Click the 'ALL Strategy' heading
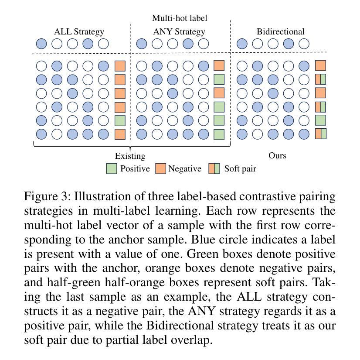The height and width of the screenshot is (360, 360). point(79,31)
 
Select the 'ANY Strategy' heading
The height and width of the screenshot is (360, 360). point(179,31)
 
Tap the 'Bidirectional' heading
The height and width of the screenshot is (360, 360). point(280,31)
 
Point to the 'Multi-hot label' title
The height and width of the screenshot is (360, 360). point(179,18)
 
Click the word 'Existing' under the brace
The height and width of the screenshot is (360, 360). point(130,156)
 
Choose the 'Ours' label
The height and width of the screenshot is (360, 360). point(277,155)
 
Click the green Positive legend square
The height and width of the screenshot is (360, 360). point(112,169)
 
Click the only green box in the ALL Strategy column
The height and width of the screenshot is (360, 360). point(120,120)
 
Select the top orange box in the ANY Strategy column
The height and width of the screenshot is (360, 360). point(219,66)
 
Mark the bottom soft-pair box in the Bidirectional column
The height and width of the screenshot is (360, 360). point(320,134)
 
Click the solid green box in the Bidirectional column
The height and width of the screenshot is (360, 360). point(320,120)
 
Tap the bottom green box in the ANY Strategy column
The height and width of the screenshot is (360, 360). point(219,134)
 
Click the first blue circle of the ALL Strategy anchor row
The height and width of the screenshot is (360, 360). point(41,44)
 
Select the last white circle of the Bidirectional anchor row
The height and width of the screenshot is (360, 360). point(304,44)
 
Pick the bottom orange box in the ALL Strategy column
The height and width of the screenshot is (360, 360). point(120,134)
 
